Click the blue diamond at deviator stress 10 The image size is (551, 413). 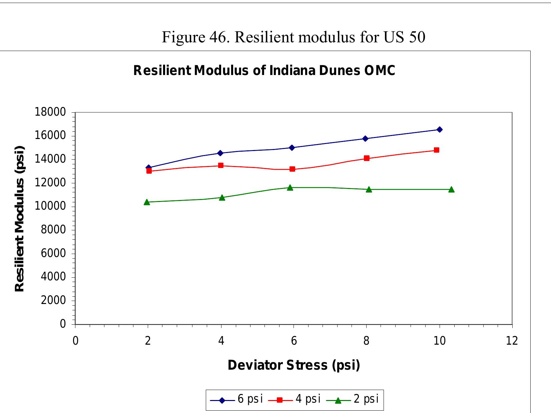coord(440,129)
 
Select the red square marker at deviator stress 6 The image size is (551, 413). coord(293,169)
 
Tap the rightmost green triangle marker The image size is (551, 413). coord(451,189)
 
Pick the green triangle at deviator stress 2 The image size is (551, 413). coord(147,202)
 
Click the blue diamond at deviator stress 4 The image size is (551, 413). coord(220,153)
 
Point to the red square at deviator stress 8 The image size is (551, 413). coord(367,158)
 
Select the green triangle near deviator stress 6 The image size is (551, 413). coord(290,188)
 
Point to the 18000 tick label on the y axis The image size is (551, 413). coord(50,112)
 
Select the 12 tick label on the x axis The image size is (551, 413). coord(512,341)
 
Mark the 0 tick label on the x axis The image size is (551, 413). coord(75,341)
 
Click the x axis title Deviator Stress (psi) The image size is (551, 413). coord(294,365)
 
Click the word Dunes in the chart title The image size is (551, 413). coord(340,71)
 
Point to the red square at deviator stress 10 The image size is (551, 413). coord(437,150)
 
